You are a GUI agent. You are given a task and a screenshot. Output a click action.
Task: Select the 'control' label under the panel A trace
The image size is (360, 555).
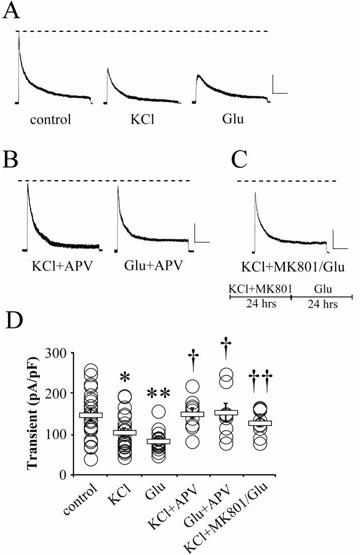(x=50, y=120)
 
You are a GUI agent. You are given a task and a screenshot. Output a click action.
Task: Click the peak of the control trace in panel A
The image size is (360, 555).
(x=19, y=33)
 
